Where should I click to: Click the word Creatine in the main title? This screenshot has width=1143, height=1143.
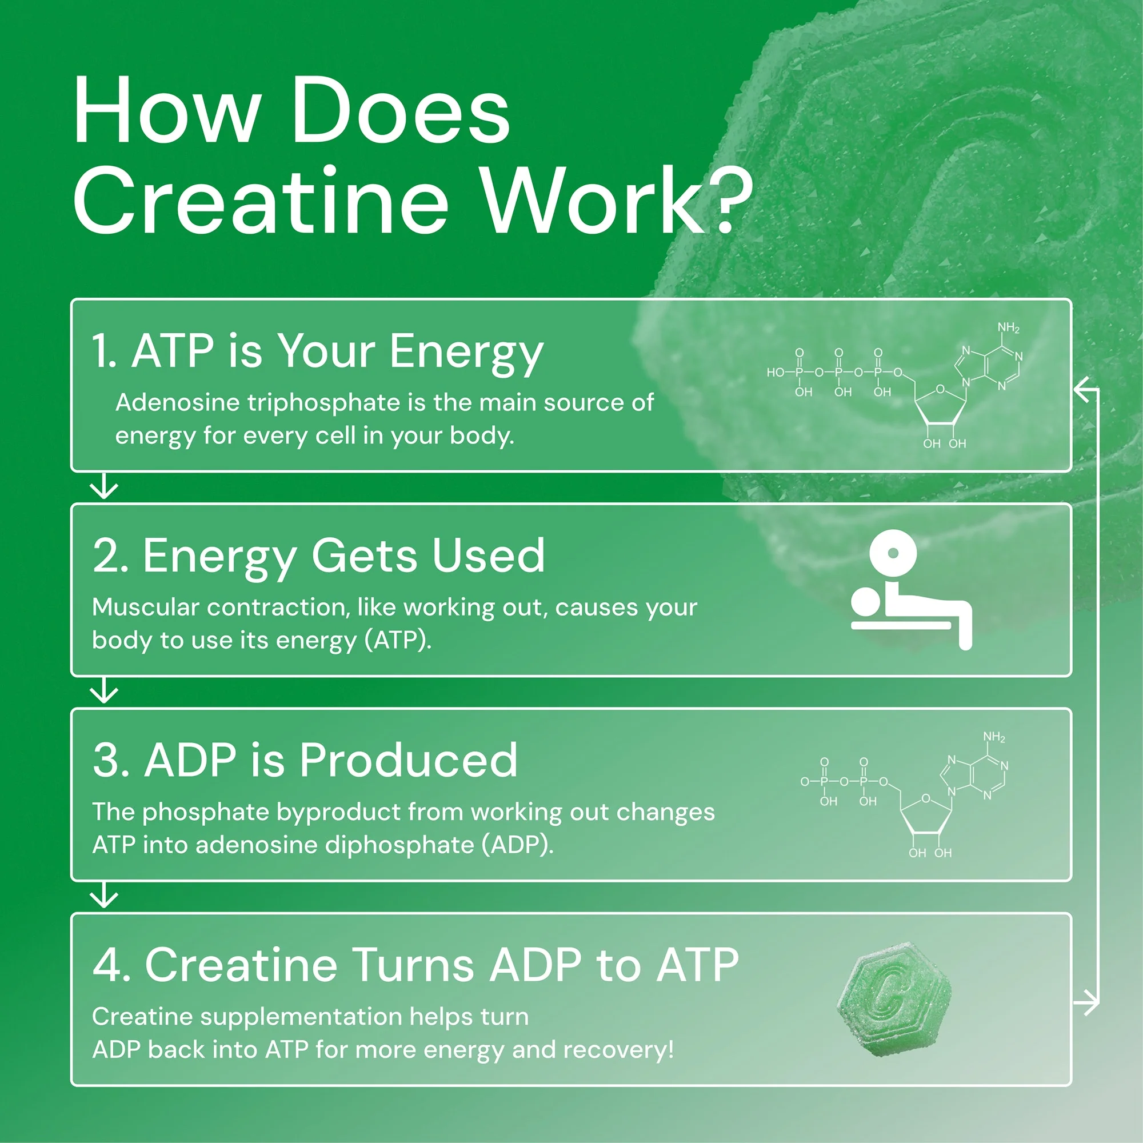(260, 201)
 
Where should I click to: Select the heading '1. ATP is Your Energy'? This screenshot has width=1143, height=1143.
(317, 351)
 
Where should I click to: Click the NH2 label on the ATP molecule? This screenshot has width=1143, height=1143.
(1008, 327)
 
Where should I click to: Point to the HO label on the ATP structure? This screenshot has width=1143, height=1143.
(775, 372)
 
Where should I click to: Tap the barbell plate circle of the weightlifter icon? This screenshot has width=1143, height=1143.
(893, 553)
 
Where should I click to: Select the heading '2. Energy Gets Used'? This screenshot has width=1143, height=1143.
(318, 556)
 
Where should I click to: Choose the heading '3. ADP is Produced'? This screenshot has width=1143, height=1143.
(305, 760)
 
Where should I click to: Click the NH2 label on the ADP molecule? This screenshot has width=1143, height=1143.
(994, 737)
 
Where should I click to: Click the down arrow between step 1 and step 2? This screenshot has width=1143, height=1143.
(104, 486)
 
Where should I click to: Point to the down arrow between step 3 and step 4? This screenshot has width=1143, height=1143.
(104, 896)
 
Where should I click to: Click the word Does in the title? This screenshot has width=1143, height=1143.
(401, 111)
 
